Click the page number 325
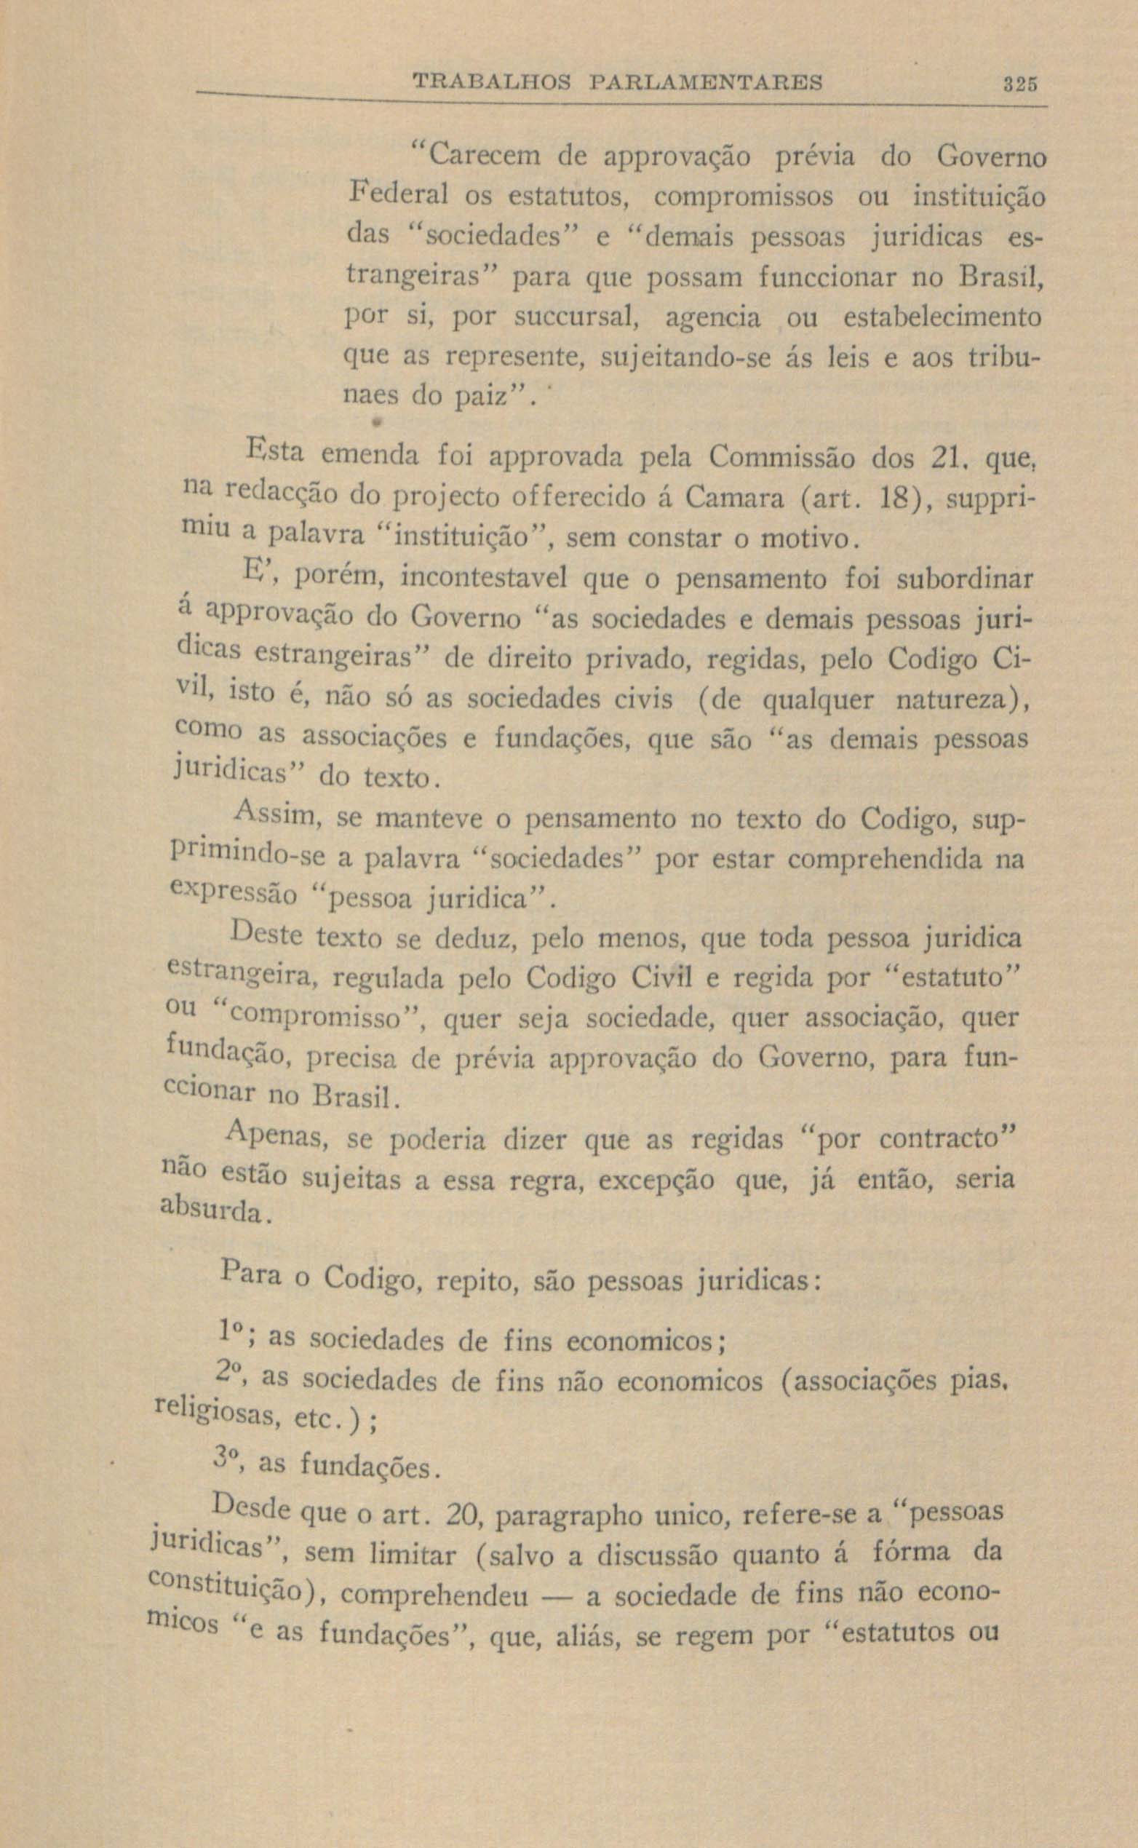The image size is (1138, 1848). tap(1020, 82)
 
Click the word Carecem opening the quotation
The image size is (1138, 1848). tap(480, 157)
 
